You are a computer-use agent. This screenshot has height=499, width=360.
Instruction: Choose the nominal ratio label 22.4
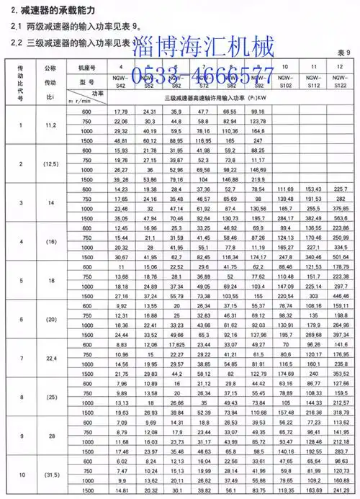point(50,358)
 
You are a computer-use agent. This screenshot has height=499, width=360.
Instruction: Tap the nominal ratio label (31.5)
point(50,475)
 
